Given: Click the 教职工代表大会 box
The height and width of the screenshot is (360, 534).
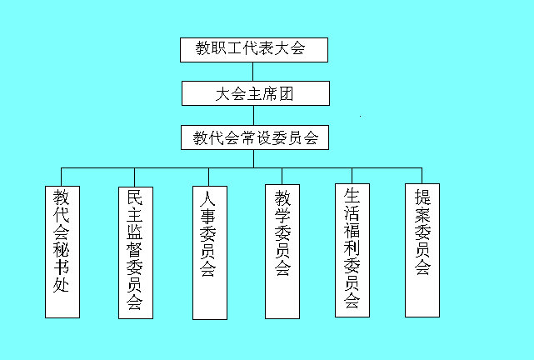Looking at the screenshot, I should click(x=254, y=49).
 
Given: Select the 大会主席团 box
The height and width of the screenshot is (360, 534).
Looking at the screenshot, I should click(x=254, y=93).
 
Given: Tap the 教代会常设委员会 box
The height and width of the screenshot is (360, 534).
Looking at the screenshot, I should click(x=254, y=137).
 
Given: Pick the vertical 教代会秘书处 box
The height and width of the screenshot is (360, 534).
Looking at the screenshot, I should click(x=62, y=250).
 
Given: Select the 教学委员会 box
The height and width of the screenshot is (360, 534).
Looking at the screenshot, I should click(x=282, y=250).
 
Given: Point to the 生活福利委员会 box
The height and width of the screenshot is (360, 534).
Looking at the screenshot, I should click(x=352, y=250).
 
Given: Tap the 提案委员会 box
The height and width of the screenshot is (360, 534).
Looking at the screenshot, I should click(x=422, y=250).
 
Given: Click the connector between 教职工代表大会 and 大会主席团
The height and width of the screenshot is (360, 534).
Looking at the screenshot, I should click(x=253, y=71).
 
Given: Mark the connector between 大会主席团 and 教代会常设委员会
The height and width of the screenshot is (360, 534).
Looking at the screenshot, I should click(x=253, y=115).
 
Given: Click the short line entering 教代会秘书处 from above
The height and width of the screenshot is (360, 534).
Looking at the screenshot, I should click(x=62, y=176).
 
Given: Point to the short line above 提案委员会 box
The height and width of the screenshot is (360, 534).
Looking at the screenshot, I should click(x=422, y=175).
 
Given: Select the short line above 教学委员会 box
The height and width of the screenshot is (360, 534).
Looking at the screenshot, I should click(x=282, y=175).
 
